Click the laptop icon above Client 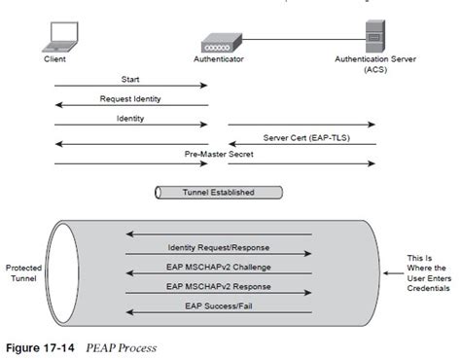click(60, 36)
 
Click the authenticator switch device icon click(219, 43)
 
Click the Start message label click(131, 79)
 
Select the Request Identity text click(131, 98)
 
